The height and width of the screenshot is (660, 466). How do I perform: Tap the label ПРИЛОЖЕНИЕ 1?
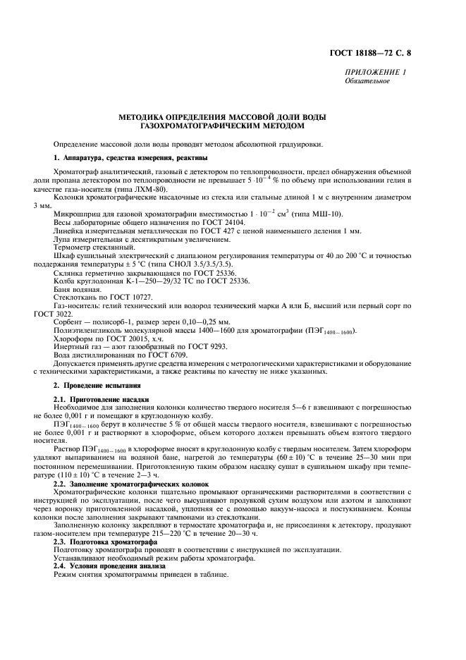[375, 73]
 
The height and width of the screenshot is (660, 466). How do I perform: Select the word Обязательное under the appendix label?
[367, 81]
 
